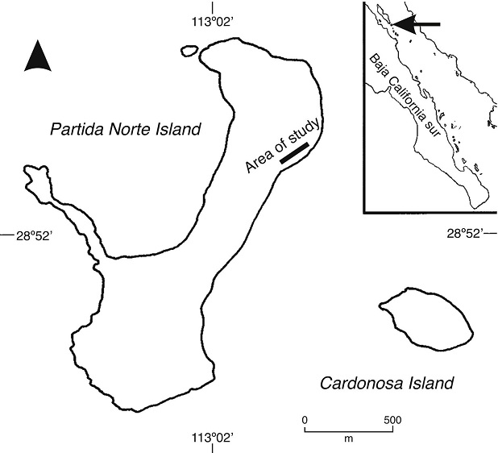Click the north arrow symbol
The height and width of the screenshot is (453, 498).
click(38, 56)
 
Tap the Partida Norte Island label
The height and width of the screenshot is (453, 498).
click(124, 129)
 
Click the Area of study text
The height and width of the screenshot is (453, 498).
click(284, 144)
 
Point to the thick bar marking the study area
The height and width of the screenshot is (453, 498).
click(294, 154)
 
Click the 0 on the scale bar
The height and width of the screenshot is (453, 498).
click(305, 420)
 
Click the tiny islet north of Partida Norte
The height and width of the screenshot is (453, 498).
click(190, 52)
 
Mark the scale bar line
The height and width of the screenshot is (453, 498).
click(348, 429)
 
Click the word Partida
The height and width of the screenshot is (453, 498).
click(79, 129)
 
